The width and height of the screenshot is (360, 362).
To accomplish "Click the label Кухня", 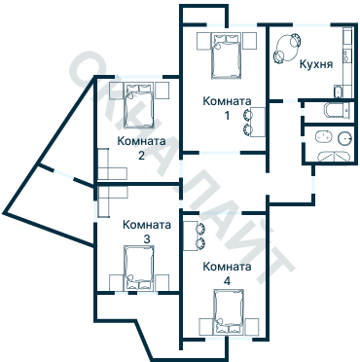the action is point(316,64).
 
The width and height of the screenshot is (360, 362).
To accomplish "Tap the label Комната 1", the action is point(227,108).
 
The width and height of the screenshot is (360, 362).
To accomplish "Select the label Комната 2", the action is point(141,148).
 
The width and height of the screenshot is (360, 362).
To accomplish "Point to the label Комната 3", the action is point(147,232).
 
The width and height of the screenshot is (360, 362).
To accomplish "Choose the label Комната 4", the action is point(227,273).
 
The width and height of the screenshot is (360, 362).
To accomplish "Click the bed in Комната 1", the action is point(227,55).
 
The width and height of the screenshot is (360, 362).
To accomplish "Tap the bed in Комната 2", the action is point(138,106).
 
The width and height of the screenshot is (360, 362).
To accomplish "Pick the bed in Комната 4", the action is point(229,312).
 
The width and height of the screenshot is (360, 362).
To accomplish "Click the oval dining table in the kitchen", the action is point(287,49).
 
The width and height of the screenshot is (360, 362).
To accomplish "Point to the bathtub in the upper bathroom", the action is point(339,111).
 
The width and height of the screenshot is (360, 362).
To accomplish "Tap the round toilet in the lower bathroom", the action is point(344,138).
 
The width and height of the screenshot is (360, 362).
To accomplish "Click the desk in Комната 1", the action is point(258,122).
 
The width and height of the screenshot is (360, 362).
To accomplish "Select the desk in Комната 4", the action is point(191,235).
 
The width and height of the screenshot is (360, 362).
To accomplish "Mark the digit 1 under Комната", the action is point(228,115).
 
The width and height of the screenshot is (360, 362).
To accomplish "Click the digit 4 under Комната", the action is point(228,280).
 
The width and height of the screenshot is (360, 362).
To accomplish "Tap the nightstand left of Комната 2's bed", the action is point(116,90).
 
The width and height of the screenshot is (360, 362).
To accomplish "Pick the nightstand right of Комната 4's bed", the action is point(252,327).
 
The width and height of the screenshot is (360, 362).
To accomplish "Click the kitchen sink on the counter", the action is point(347,55).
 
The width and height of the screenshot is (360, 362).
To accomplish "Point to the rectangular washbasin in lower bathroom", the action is point(324,137).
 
